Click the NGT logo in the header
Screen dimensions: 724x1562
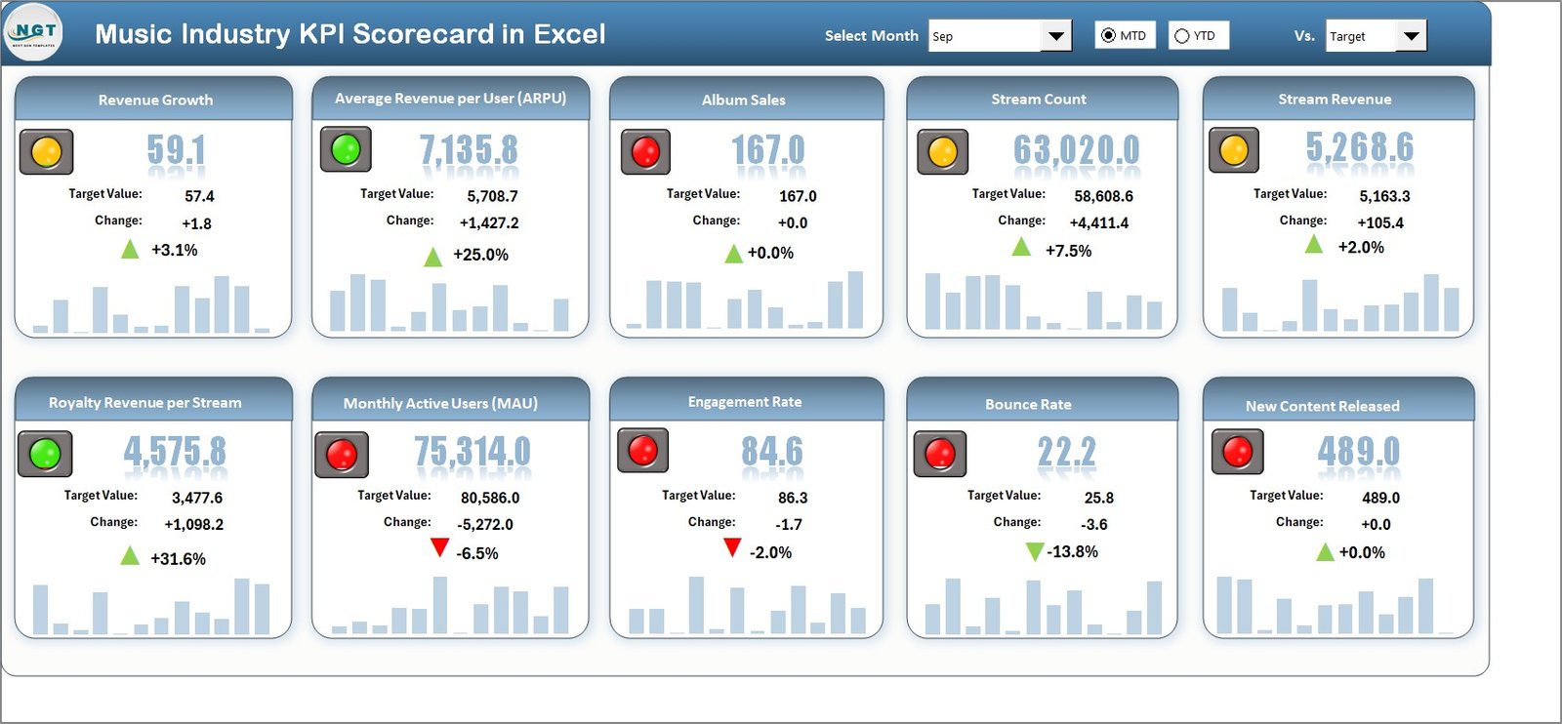pyautogui.click(x=34, y=32)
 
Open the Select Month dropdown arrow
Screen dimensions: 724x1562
pyautogui.click(x=1055, y=36)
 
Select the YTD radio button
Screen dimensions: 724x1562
pyautogui.click(x=1182, y=36)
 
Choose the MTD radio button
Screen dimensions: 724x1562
pyautogui.click(x=1108, y=36)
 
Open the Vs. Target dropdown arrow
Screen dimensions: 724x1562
pyautogui.click(x=1411, y=36)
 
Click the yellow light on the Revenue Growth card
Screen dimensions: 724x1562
pyautogui.click(x=46, y=152)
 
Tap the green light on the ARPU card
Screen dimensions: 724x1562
pyautogui.click(x=346, y=149)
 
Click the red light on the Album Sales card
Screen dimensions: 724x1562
pyautogui.click(x=645, y=152)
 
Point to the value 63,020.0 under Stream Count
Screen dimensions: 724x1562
pyautogui.click(x=1076, y=149)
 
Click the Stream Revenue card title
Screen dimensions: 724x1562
pyautogui.click(x=1335, y=100)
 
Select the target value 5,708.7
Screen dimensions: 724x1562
pyautogui.click(x=492, y=196)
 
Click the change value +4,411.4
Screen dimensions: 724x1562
pyautogui.click(x=1098, y=222)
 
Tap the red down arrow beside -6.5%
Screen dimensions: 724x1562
pyautogui.click(x=439, y=547)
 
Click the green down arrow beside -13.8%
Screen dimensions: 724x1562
pyautogui.click(x=1035, y=552)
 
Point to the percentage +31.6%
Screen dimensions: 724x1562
pyautogui.click(x=178, y=559)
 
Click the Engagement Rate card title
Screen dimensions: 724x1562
pyautogui.click(x=744, y=402)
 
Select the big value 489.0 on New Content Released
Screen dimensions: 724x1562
pyautogui.click(x=1358, y=452)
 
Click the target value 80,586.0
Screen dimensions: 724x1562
pyautogui.click(x=490, y=498)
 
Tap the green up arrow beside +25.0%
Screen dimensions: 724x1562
pyautogui.click(x=432, y=258)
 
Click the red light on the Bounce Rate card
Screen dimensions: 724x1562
pyautogui.click(x=939, y=454)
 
